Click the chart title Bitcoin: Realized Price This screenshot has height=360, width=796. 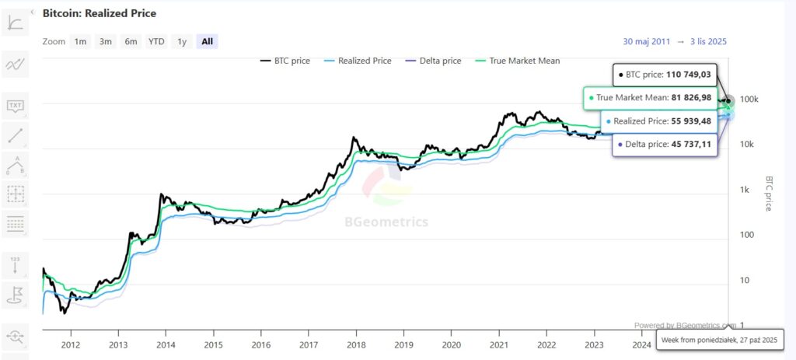tap(99, 13)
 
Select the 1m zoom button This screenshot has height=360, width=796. tap(80, 41)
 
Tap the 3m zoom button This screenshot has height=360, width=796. tap(106, 41)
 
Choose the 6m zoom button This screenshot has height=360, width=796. tap(131, 41)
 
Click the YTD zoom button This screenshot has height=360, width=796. tap(156, 41)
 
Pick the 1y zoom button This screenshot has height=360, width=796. tap(182, 41)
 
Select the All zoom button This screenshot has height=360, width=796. tap(207, 41)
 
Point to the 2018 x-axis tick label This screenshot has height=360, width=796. tap(356, 344)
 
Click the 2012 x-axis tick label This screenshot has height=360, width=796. tap(71, 344)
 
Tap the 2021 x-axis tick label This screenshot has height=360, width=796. tap(498, 344)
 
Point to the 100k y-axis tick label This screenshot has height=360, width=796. tap(749, 100)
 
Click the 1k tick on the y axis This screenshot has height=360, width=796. tap(744, 190)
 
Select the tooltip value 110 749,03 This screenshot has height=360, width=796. tap(689, 75)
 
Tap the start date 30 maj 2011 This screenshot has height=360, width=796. tap(646, 41)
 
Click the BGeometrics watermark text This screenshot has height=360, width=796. tap(386, 222)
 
